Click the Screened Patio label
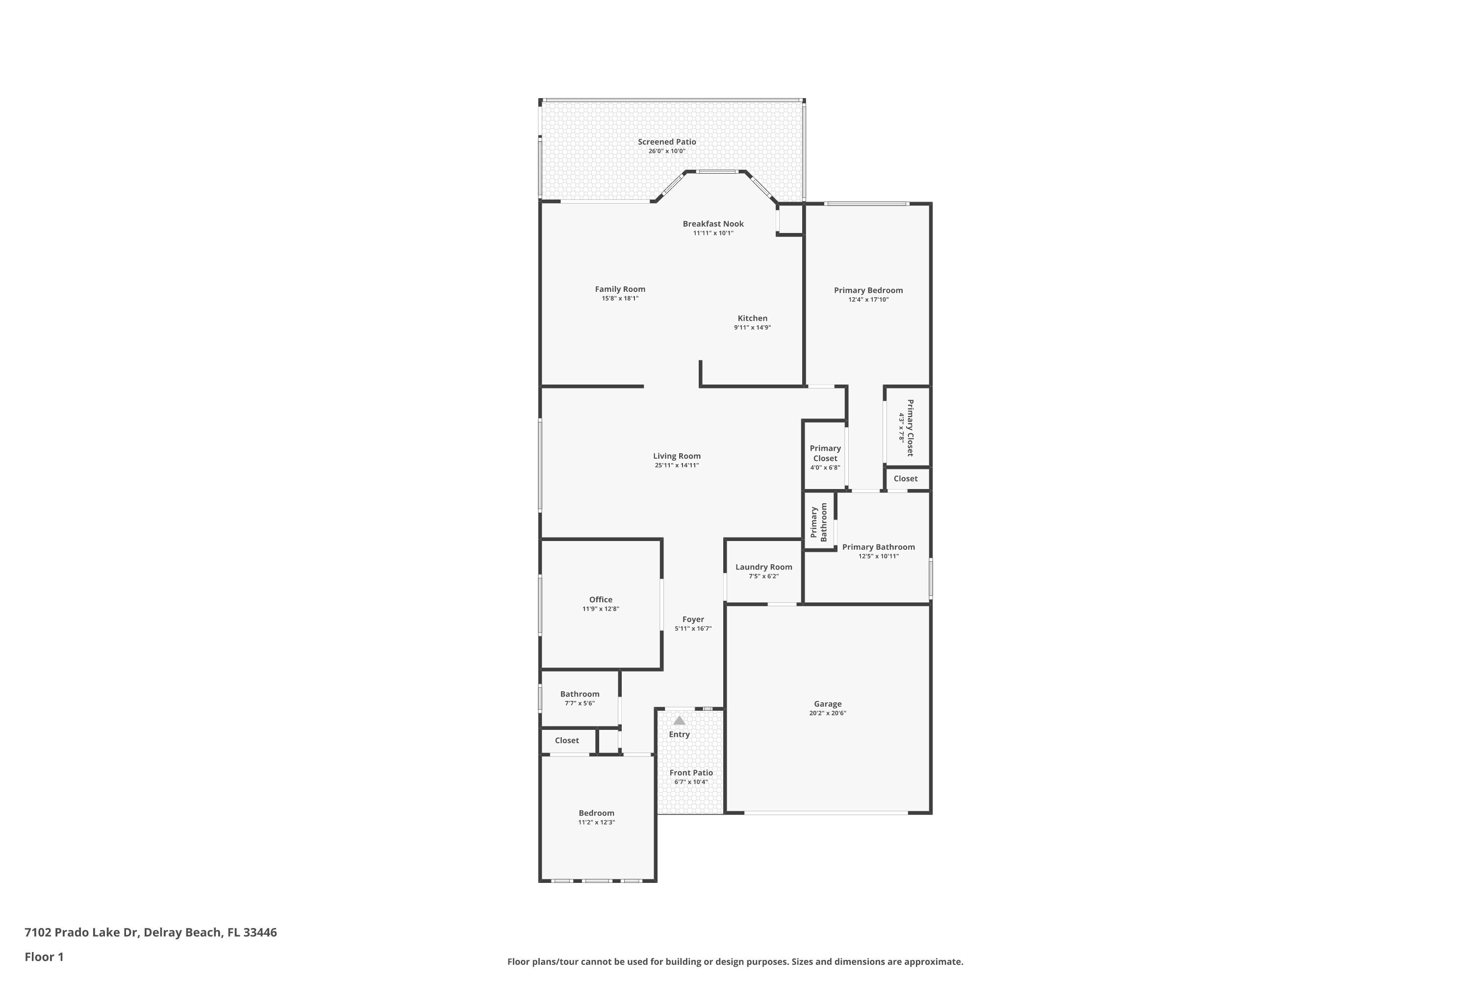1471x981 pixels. tap(667, 142)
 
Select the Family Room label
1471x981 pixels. tap(620, 289)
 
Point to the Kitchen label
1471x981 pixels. tap(752, 318)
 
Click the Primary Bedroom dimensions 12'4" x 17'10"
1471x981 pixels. tap(868, 300)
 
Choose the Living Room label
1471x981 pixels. tap(677, 456)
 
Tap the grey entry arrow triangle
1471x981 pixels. tap(679, 721)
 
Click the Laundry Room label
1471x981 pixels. tap(763, 567)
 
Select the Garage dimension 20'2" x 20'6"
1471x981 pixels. tap(828, 713)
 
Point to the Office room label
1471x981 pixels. tap(600, 599)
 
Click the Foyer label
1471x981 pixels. tap(693, 620)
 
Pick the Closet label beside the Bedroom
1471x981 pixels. tap(567, 740)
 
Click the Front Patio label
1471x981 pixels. tap(691, 773)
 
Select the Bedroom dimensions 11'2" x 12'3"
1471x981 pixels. tap(597, 823)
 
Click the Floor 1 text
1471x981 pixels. tap(44, 956)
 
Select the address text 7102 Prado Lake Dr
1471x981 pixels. tap(81, 932)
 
